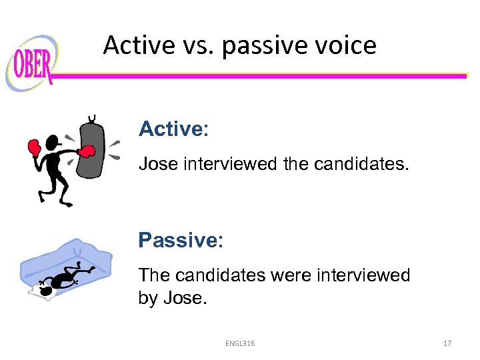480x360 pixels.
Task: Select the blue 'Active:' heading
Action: [173, 129]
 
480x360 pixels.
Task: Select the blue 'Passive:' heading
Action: [181, 240]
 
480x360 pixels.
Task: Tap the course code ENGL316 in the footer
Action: [240, 343]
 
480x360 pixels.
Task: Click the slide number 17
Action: [447, 343]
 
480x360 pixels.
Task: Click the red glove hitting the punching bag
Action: [85, 153]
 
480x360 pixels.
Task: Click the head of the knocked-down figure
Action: [45, 291]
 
